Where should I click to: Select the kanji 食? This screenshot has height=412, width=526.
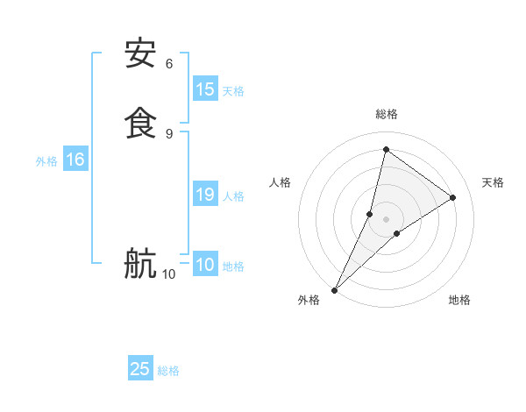tap(140, 121)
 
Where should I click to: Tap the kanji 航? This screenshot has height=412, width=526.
tap(140, 262)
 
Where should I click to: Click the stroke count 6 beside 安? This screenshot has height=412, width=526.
tap(169, 64)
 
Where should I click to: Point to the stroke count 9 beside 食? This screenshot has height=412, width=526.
tap(169, 133)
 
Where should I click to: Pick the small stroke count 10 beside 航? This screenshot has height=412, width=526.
tap(168, 274)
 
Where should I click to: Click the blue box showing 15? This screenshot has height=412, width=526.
tap(205, 89)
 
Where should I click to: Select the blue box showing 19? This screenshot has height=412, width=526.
tap(205, 195)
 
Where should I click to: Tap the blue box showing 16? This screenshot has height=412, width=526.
tap(75, 160)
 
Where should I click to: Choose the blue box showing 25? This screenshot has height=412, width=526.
tap(140, 369)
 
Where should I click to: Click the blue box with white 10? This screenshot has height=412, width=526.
tap(205, 265)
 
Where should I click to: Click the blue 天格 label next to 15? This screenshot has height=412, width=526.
tap(233, 91)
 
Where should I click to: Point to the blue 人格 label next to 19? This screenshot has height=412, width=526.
tap(233, 196)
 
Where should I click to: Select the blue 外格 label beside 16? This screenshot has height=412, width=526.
tap(46, 161)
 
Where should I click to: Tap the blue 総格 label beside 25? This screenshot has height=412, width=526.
tap(168, 371)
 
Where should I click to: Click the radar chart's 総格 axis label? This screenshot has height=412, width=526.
tap(387, 114)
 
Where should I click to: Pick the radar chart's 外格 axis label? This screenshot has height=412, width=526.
tap(309, 300)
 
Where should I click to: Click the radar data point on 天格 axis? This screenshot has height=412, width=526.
tap(453, 198)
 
